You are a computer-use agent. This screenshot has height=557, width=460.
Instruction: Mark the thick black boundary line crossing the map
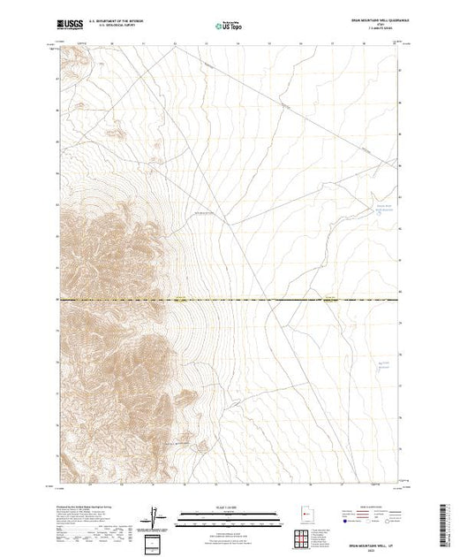265,300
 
